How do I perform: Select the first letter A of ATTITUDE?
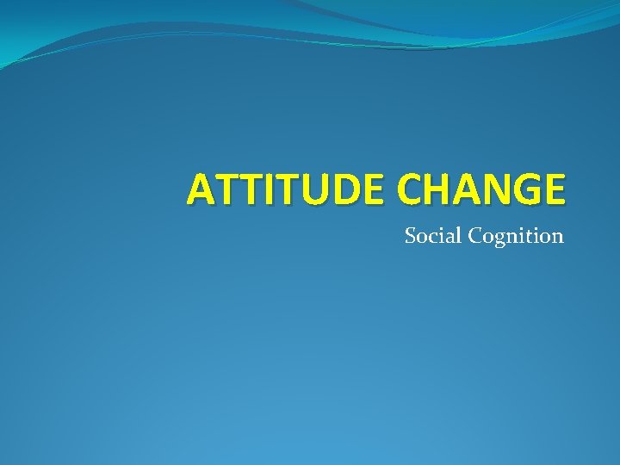pos(200,189)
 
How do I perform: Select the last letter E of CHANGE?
pos(553,189)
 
